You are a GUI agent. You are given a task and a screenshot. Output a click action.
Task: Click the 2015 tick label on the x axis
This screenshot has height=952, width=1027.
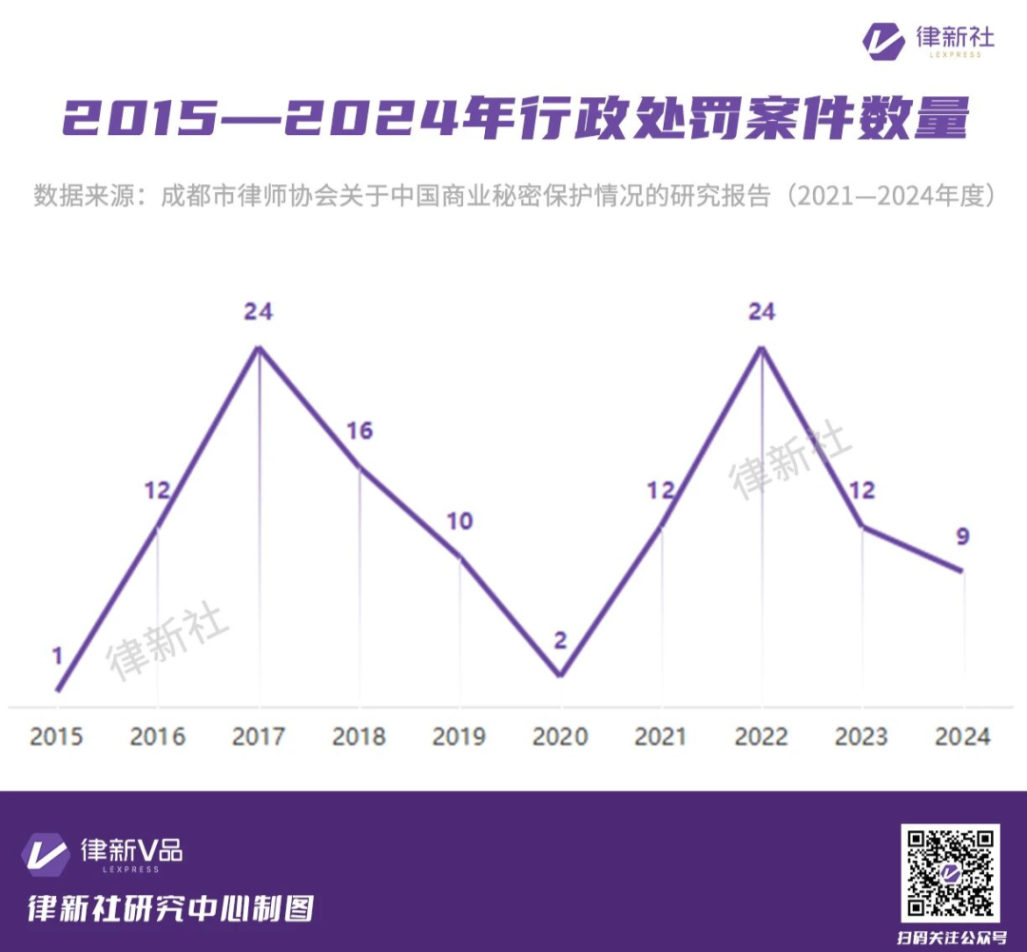56,737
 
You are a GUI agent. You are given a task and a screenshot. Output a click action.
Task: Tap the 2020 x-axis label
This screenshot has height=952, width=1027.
560,737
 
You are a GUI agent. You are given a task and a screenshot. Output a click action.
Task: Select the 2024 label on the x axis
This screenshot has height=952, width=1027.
962,737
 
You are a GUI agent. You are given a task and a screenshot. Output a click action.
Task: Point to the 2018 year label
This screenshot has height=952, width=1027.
358,737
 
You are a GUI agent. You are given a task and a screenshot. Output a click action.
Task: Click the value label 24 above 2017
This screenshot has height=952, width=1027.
258,311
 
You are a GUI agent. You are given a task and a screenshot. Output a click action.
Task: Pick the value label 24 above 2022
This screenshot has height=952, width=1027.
762,311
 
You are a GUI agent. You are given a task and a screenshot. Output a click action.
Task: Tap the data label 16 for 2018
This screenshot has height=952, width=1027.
359,431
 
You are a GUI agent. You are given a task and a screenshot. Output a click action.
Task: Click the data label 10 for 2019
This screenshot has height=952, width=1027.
460,521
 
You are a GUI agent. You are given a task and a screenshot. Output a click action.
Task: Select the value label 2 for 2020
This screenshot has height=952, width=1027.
560,640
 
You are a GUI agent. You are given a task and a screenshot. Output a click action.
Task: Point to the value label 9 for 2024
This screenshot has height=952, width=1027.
962,536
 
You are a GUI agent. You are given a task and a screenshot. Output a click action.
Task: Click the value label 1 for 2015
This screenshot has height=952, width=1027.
57,655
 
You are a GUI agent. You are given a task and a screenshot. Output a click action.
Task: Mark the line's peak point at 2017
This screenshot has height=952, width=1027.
259,346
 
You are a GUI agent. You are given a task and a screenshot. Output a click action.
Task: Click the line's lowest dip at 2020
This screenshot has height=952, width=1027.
560,675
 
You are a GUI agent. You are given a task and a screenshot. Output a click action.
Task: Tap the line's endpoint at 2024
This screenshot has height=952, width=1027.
962,571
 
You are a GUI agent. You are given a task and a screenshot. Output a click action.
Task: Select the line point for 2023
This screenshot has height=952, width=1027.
862,525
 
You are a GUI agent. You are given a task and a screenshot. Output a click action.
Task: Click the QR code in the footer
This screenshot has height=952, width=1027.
950,873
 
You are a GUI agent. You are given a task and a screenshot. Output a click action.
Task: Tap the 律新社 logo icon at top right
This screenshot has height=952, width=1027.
883,41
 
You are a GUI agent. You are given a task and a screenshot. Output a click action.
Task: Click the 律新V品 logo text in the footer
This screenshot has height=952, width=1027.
131,849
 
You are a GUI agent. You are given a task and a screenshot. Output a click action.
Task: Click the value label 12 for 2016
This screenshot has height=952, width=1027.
157,491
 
